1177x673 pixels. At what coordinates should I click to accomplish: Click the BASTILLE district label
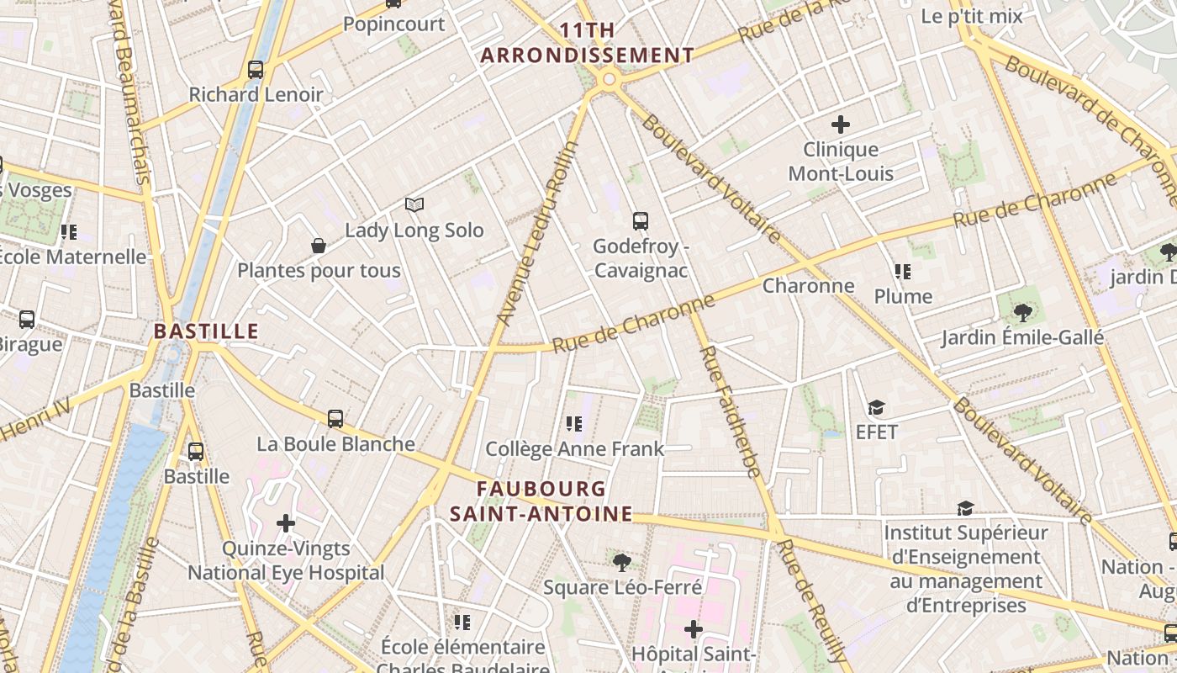pos(206,331)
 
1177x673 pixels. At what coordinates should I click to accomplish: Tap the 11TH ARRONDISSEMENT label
pos(587,44)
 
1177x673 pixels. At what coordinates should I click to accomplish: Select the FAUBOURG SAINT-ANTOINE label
pos(541,501)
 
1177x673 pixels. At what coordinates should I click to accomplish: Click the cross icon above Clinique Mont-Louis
pos(840,125)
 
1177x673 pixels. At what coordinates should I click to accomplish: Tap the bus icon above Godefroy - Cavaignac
pos(641,221)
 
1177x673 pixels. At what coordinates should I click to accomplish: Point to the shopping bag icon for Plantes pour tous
pos(319,246)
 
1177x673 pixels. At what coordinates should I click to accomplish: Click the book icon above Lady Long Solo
pos(414,204)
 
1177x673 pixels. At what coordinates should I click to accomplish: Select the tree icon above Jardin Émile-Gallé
pos(1022,313)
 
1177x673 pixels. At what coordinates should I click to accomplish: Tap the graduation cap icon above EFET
pos(876,408)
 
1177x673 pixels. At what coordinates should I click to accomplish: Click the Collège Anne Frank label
pos(575,449)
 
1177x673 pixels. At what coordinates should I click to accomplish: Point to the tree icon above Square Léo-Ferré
pos(622,562)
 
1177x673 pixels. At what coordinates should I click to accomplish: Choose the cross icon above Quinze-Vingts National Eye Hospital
pos(286,523)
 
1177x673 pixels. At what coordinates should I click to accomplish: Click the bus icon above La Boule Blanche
pos(335,418)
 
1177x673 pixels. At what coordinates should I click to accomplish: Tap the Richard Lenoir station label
pos(256,94)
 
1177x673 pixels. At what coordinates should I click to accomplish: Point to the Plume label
pos(903,296)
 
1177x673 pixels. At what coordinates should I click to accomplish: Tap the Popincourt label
pos(393,24)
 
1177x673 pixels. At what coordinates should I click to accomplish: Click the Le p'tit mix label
pos(972,16)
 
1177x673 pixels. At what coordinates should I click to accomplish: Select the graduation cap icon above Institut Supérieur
pos(965,508)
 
